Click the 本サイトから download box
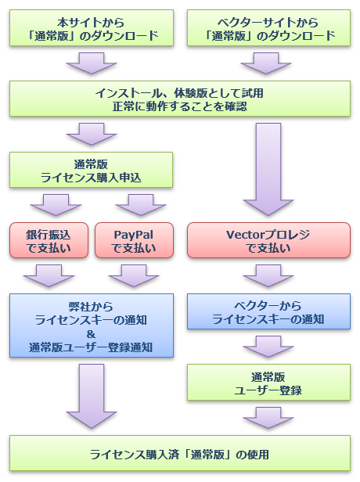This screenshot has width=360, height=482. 92,28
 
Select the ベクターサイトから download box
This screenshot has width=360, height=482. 268,28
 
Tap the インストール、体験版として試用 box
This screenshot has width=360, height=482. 180,99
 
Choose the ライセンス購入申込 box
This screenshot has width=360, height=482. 91,170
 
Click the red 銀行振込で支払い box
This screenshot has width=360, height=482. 49,240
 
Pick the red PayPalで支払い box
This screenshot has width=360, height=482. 134,240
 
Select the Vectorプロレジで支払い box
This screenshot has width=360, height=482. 268,240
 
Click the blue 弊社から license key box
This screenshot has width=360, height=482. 92,326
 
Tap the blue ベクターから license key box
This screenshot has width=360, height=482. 268,311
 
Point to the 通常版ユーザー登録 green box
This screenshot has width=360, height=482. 268,383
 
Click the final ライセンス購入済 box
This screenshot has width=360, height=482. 180,453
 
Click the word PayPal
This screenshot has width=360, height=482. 133,235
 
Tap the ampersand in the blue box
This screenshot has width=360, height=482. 91,334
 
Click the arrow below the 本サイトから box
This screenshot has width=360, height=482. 92,63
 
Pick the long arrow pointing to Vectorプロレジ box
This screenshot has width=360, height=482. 268,169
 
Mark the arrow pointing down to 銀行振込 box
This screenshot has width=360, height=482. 56,205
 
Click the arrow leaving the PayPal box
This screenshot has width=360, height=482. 134,275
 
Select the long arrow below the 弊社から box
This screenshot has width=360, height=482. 92,396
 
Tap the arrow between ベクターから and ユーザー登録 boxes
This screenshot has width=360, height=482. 268,347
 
